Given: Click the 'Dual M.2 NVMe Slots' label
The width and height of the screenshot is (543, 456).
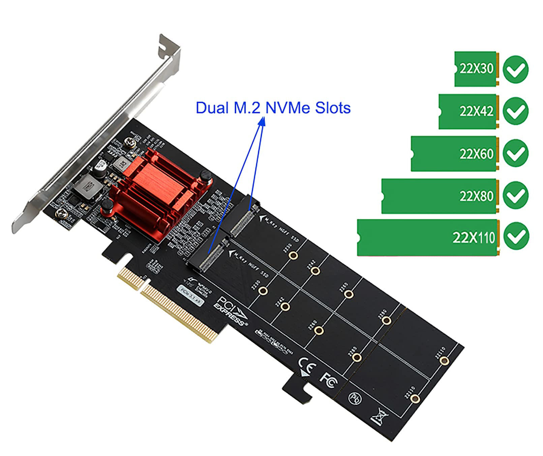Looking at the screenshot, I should (273, 108).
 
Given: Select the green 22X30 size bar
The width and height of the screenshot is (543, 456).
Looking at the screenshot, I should (475, 69).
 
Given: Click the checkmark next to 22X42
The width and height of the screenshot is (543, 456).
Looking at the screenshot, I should (515, 111).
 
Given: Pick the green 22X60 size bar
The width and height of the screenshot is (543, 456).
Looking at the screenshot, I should (454, 154).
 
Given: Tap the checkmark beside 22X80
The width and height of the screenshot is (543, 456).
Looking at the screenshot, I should (515, 195).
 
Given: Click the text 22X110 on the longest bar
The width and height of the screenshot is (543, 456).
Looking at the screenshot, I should (474, 238).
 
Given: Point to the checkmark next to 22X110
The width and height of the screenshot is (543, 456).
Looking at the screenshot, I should (516, 236).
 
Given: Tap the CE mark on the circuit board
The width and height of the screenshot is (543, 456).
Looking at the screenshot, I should (307, 366).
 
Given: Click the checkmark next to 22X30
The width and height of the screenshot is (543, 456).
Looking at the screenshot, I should (515, 69).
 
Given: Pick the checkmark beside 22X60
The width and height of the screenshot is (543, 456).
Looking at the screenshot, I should (515, 153).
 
